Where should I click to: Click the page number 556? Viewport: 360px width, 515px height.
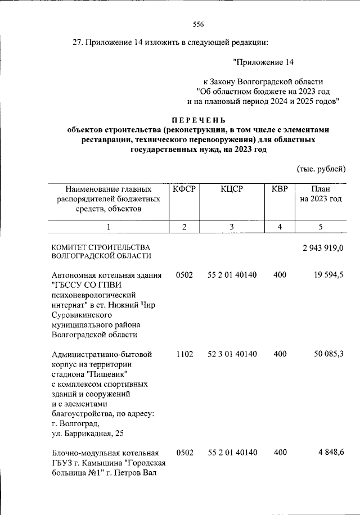point(197,24)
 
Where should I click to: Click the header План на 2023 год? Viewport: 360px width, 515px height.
point(320,194)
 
